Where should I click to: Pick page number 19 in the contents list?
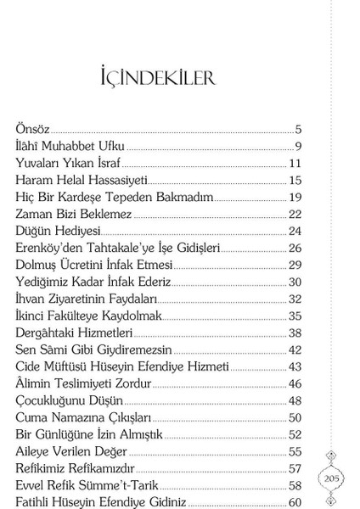pos(295,197)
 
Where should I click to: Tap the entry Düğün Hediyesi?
pos(59,231)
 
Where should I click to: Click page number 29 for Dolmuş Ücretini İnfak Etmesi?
pos(295,265)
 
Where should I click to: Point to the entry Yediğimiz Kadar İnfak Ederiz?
pos(93,282)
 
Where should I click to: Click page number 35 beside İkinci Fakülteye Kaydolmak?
pos(295,316)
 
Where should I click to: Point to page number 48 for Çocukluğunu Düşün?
pos(295,400)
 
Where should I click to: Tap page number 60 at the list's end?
pos(295,502)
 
